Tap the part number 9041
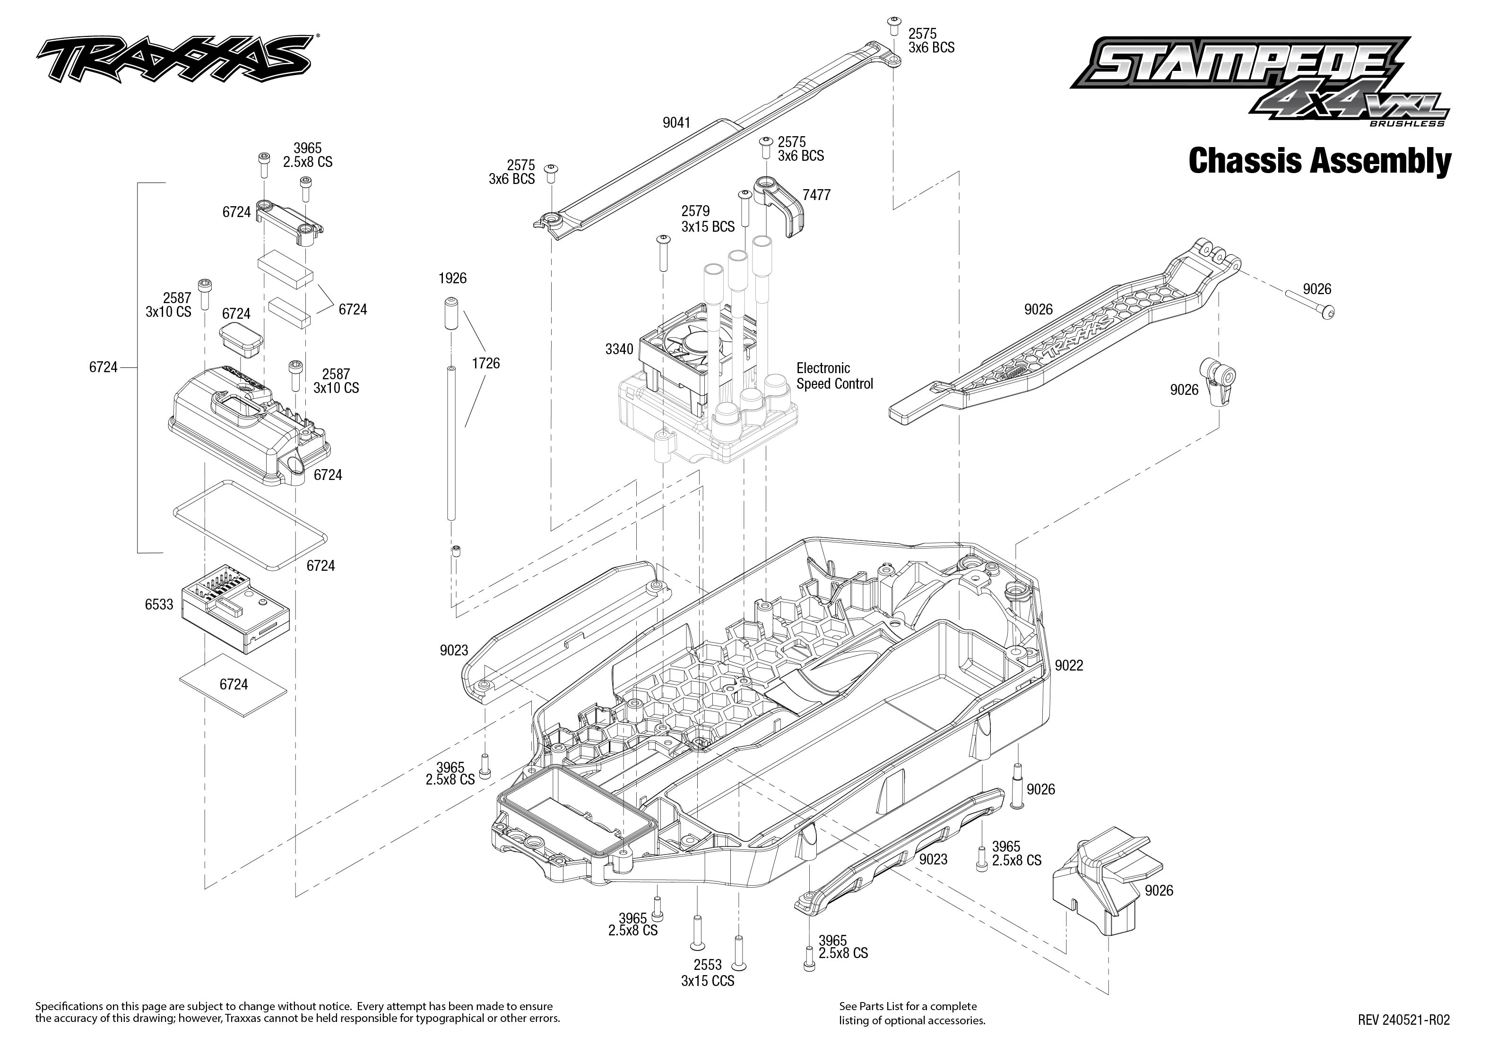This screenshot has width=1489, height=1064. pyautogui.click(x=676, y=122)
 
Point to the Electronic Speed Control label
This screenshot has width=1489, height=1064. pyautogui.click(x=834, y=376)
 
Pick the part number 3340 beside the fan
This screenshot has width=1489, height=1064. pyautogui.click(x=619, y=349)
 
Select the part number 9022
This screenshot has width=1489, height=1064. pyautogui.click(x=1069, y=666)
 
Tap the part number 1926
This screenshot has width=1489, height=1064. pyautogui.click(x=452, y=279)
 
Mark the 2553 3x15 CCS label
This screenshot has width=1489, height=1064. pyautogui.click(x=707, y=973)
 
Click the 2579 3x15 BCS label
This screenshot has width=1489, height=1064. pyautogui.click(x=707, y=219)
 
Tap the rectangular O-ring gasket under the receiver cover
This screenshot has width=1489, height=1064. pyautogui.click(x=249, y=524)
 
